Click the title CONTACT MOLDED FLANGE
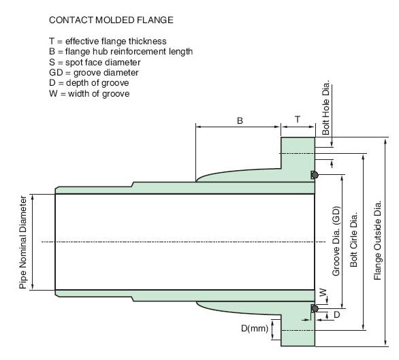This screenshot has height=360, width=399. (x=111, y=20)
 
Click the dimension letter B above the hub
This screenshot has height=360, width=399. (x=240, y=120)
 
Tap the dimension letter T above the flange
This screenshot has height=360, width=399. (x=298, y=119)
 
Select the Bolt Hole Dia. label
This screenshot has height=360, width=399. (x=325, y=108)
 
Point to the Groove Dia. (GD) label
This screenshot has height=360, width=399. (x=336, y=241)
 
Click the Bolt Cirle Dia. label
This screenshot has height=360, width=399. (x=353, y=240)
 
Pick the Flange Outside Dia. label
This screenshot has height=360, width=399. (x=377, y=240)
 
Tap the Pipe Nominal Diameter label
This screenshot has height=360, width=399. (x=22, y=242)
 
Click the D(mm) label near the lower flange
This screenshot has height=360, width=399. (x=255, y=329)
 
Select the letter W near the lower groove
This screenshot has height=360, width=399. (x=323, y=293)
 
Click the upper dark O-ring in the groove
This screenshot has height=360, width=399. (x=315, y=175)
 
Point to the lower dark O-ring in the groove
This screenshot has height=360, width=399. (x=315, y=308)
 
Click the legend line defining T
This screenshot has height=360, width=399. (x=108, y=42)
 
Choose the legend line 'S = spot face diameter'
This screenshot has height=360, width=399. (x=95, y=63)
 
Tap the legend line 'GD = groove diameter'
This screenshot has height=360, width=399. (x=94, y=73)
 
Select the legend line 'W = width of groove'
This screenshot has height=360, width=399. (x=89, y=94)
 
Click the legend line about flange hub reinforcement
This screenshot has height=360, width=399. (x=121, y=52)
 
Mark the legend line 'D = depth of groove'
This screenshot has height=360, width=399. (x=89, y=83)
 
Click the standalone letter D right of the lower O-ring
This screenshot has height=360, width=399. (x=336, y=314)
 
